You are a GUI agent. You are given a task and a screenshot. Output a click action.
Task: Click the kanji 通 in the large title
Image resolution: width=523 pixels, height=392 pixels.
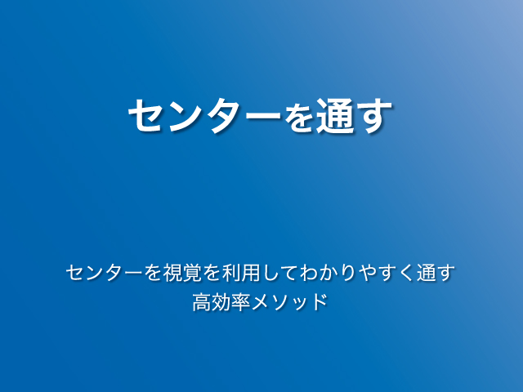coord(335,115)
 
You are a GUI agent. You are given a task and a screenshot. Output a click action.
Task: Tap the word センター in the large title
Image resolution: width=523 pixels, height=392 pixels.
coord(205,115)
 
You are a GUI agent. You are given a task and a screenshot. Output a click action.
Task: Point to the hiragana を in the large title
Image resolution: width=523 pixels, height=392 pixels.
coord(298,116)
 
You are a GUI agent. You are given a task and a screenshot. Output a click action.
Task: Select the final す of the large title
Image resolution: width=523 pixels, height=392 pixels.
coord(373,116)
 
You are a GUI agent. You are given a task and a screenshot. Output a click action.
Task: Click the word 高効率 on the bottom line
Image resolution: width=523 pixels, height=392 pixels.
coord(221,302)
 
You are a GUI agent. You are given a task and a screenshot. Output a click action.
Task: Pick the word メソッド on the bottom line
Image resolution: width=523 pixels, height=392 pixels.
coord(289,302)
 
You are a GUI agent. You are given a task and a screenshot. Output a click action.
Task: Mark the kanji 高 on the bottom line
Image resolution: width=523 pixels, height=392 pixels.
coord(202,302)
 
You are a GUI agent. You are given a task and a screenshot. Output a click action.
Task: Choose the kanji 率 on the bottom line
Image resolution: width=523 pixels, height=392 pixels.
coord(241,302)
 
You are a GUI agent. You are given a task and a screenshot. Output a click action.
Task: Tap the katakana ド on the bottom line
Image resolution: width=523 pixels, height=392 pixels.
coord(320,302)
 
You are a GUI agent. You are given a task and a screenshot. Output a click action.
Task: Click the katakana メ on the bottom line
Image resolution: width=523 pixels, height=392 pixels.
coord(261,302)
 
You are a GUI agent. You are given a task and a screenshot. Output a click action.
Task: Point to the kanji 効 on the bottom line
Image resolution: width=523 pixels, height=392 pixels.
coord(221,302)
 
